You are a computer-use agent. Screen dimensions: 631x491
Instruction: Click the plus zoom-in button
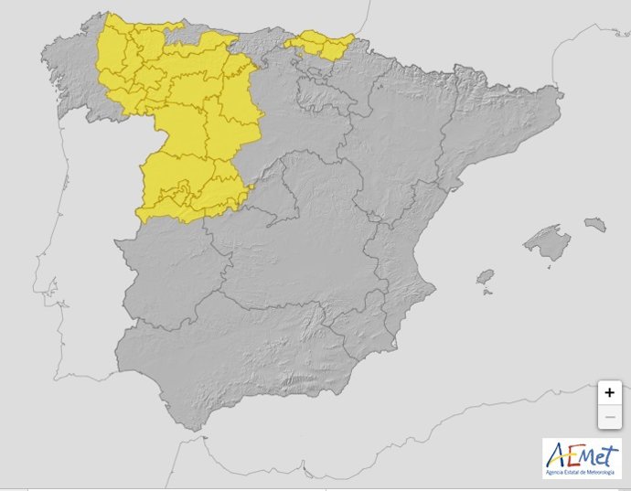click(609, 392)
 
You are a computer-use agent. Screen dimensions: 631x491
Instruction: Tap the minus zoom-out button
click(609, 418)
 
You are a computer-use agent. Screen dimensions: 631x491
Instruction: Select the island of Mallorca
click(548, 241)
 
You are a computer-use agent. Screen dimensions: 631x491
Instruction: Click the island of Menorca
click(595, 223)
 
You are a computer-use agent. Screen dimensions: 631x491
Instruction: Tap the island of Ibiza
click(485, 276)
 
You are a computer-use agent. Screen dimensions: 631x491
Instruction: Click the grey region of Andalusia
click(247, 357)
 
